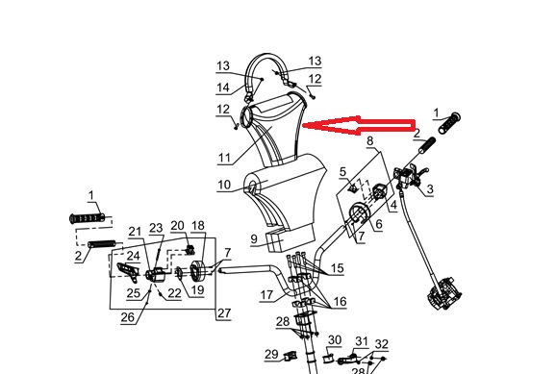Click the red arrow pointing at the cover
point(358,126)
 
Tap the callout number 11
point(224,158)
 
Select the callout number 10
point(224,185)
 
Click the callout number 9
point(254,239)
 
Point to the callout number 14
point(223,87)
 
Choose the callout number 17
point(266,294)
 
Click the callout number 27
point(224,313)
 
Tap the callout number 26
point(128,317)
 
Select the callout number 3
point(430,189)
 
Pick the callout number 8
point(369,140)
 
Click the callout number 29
point(272,354)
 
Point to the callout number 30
point(335,340)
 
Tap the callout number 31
point(362,341)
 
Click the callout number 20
point(177,226)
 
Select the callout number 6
point(379,224)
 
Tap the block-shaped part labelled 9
point(291,239)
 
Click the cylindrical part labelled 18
point(196,271)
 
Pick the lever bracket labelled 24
point(128,272)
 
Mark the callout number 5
point(342,172)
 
